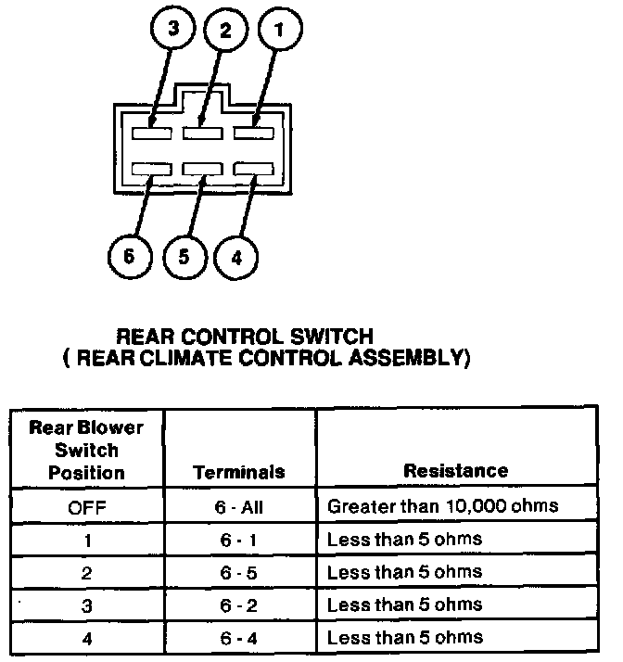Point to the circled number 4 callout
236,256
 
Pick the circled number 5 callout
184,256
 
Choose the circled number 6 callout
130,256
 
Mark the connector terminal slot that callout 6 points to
151,168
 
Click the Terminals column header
239,472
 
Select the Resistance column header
455,471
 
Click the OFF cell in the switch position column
86,507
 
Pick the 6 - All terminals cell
239,507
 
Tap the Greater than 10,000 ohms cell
441,506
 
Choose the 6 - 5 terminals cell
239,572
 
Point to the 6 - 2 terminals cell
239,605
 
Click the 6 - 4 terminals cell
239,637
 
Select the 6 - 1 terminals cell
239,540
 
